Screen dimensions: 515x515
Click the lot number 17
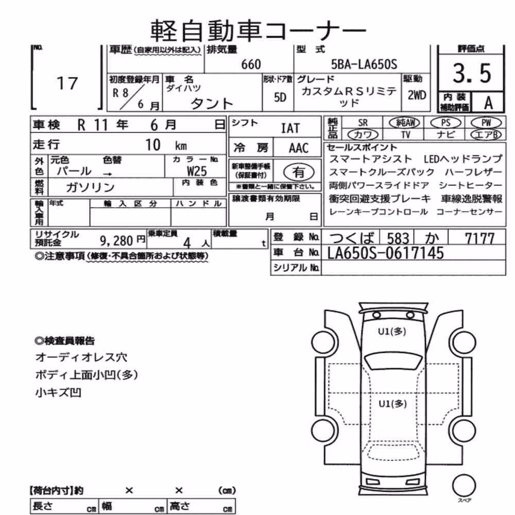[x=67, y=83]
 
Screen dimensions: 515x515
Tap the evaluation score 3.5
[x=472, y=73]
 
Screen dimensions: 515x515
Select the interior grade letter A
[x=488, y=103]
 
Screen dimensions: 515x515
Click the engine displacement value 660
[x=251, y=64]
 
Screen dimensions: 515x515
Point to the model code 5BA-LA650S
[x=364, y=64]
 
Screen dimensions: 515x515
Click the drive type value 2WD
[x=417, y=95]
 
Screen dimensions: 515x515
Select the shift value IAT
[x=290, y=128]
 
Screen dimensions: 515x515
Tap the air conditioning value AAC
[x=299, y=148]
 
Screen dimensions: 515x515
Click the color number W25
[x=197, y=171]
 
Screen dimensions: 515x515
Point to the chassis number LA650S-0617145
[x=386, y=253]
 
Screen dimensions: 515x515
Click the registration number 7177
[x=479, y=238]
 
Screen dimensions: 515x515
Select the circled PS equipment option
[x=445, y=123]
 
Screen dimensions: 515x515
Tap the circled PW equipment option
[x=486, y=123]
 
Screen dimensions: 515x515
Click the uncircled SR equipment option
[x=363, y=123]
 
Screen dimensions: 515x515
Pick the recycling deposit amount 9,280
[x=116, y=241]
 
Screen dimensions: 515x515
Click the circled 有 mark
[x=299, y=172]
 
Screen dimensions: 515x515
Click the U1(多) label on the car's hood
[x=392, y=331]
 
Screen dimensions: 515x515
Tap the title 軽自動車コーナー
[x=258, y=30]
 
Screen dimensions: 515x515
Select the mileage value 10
[x=153, y=145]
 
